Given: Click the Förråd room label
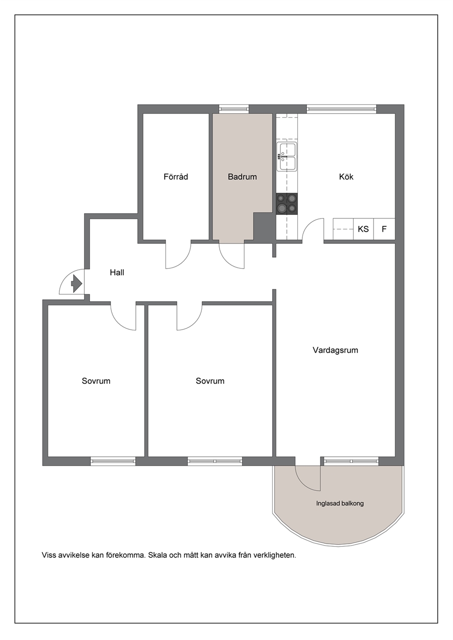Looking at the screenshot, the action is tap(176, 177).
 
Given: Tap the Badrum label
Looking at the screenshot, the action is tap(242, 177).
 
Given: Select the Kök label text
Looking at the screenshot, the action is tap(346, 177).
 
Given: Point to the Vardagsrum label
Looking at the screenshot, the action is tap(335, 350).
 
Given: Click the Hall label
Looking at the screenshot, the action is tap(117, 273).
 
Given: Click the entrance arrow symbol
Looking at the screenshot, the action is tap(76, 284).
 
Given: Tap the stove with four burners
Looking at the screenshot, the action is tap(287, 204).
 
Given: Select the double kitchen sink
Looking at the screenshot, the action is tap(287, 157).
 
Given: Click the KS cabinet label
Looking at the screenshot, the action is tap(363, 229).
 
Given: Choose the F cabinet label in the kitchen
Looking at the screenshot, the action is tap(384, 229).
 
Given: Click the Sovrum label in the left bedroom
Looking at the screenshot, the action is tap(96, 381).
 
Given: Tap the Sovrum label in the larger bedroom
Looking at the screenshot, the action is tap(210, 381).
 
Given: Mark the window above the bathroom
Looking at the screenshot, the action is tap(234, 109).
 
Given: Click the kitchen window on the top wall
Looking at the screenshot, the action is tap(342, 109).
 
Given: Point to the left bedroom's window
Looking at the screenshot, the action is tap(113, 461).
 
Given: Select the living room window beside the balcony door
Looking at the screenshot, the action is tap(351, 461).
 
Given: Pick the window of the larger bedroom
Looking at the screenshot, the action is tap(215, 461).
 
